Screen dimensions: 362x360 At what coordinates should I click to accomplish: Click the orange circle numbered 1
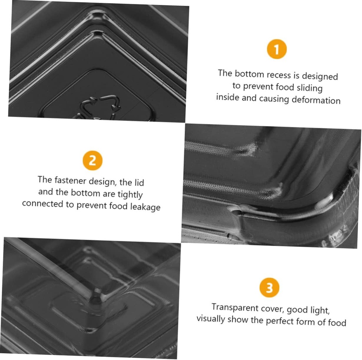click(x=276, y=49)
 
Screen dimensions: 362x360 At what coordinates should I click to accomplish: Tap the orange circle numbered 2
click(x=92, y=161)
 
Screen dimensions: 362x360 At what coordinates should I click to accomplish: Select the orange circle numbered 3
click(x=269, y=288)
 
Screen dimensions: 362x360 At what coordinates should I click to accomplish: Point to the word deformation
click(x=316, y=100)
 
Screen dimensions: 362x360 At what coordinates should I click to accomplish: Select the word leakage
click(x=145, y=207)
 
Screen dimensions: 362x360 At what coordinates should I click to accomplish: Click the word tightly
click(x=130, y=194)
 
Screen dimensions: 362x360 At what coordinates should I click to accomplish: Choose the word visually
click(x=211, y=319)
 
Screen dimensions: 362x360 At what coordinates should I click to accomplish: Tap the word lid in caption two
click(x=139, y=182)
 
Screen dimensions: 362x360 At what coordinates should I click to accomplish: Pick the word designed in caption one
click(x=320, y=76)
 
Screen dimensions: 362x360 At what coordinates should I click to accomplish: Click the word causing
click(x=274, y=99)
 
